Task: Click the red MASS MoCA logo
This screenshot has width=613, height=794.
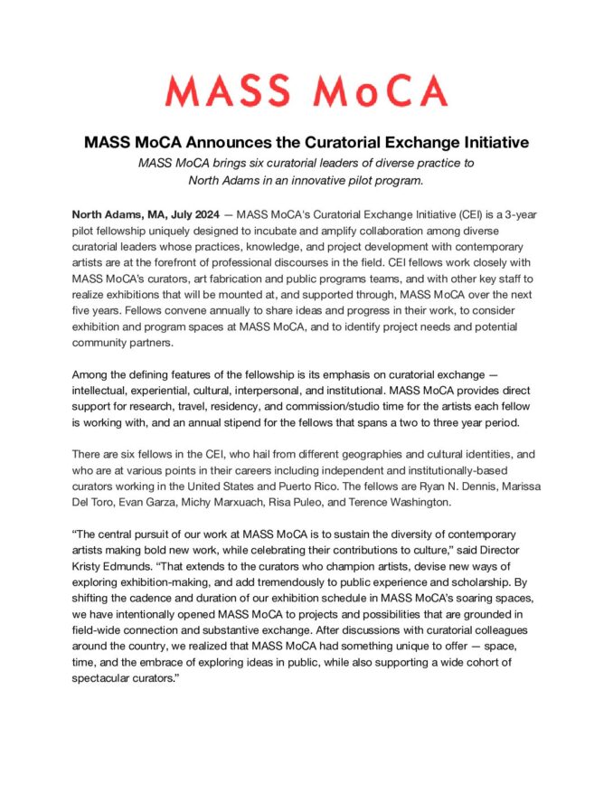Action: click(306, 90)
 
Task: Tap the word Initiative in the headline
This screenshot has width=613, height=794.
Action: click(487, 143)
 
